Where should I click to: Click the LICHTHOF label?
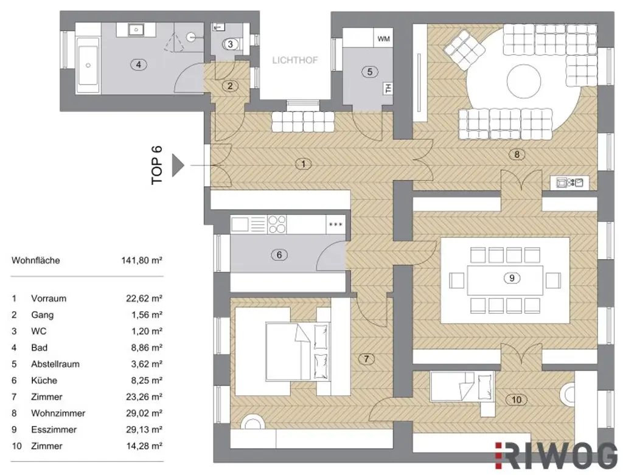coord(294,60)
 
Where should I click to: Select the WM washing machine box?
coord(383,38)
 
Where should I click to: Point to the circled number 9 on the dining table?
coord(511,278)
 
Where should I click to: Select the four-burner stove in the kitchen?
coord(277,224)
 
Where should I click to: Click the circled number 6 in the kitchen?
coord(279,255)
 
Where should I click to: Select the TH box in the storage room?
coord(387,89)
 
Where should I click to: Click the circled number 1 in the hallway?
coord(302,163)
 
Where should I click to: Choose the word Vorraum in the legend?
coord(49,299)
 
